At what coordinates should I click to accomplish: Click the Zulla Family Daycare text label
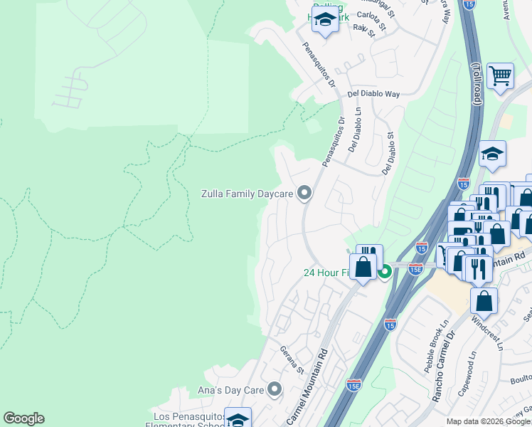[247, 194]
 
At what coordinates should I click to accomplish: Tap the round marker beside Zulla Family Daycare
[304, 193]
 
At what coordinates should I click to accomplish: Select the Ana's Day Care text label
[230, 390]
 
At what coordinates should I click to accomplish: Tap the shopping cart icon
[501, 75]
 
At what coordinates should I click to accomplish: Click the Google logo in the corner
[23, 418]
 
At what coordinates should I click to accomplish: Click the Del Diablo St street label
[388, 154]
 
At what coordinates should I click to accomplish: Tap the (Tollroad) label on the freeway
[475, 85]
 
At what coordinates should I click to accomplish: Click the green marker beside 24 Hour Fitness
[385, 271]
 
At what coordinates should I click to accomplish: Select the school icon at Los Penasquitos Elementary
[238, 420]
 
